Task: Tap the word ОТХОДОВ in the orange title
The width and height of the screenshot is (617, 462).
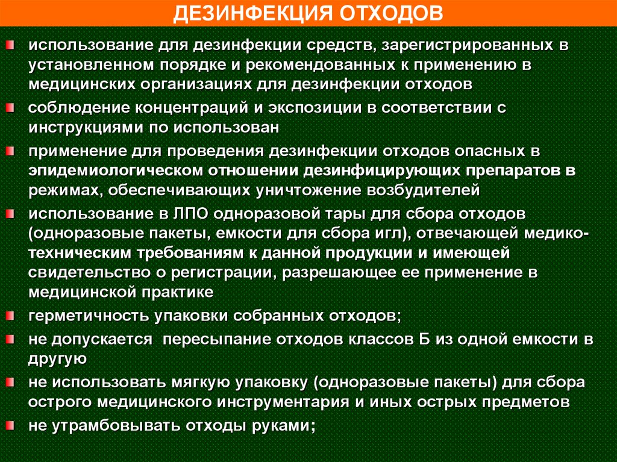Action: point(392,14)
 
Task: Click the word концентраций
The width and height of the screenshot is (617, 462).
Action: point(192,108)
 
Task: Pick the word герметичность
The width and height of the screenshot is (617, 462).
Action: point(89,316)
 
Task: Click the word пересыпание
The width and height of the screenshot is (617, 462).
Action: point(217,340)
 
